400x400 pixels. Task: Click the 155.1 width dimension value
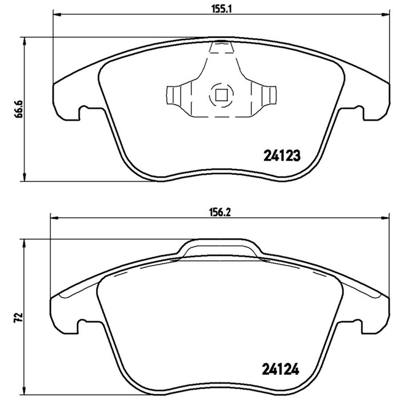221,9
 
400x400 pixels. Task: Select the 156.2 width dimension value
219,212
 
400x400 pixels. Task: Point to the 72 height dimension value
19,318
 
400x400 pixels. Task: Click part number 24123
282,155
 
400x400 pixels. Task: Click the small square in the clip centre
221,95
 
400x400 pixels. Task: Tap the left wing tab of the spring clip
173,95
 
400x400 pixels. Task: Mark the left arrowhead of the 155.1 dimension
57,15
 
